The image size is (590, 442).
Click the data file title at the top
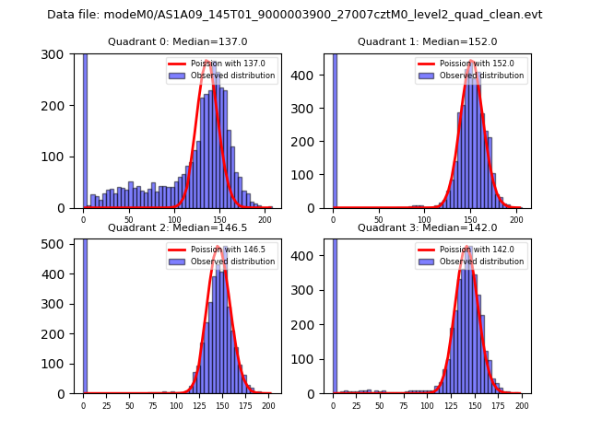click(x=294, y=15)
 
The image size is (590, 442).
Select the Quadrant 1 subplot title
click(x=427, y=41)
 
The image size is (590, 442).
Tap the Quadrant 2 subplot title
click(x=177, y=227)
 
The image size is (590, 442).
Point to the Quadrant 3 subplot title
click(x=427, y=227)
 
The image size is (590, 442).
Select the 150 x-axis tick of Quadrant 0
click(x=219, y=219)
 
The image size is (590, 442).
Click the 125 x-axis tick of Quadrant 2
click(x=198, y=405)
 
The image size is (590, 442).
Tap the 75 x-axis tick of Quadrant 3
click(x=404, y=405)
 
